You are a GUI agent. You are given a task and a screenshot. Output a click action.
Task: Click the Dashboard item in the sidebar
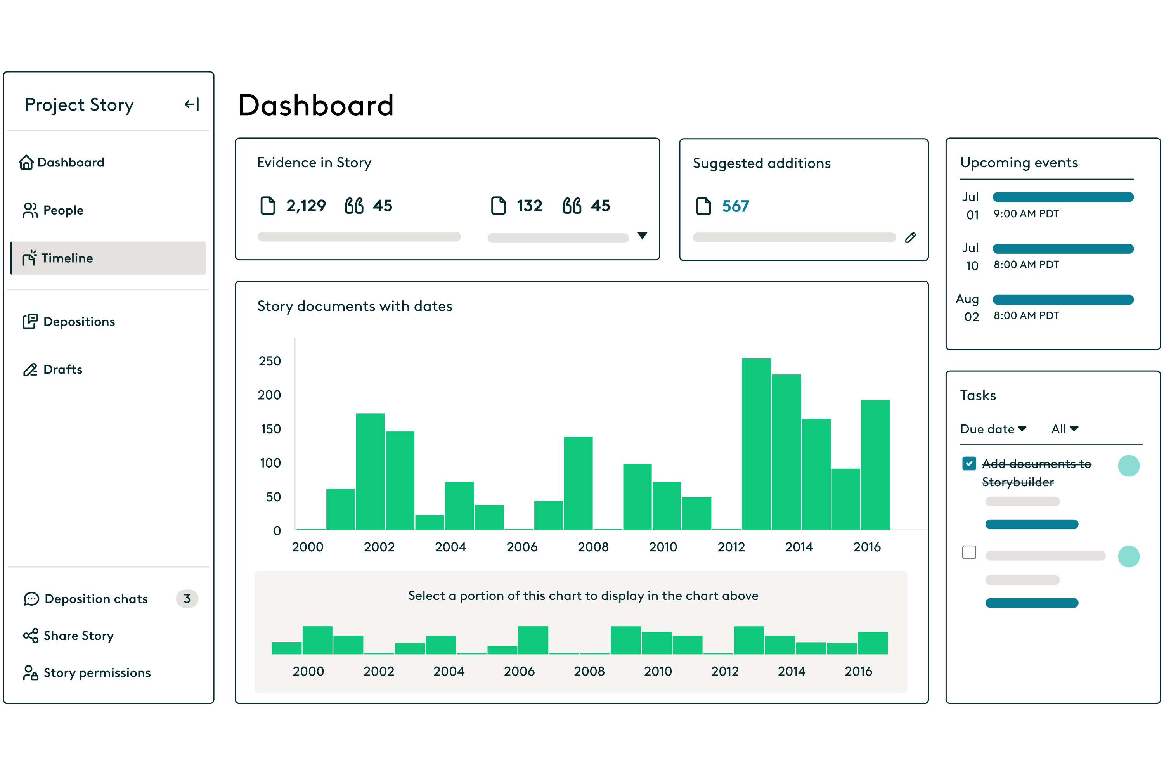coord(62,162)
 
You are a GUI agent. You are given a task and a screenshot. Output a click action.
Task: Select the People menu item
coord(54,210)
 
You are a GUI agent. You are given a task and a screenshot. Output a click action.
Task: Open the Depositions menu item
coord(69,322)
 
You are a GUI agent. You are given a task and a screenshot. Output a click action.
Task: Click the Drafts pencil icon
coord(30,370)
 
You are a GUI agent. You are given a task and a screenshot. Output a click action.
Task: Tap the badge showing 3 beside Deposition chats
coord(187,599)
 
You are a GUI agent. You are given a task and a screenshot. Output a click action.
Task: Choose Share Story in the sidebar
coord(69,636)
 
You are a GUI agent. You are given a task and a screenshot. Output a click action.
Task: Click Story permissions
coord(87,672)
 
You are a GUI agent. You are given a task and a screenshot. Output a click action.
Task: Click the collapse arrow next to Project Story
coord(192,104)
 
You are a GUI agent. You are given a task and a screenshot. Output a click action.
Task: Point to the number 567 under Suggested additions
coord(735,206)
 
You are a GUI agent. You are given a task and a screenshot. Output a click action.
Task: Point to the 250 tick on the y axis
coord(270,361)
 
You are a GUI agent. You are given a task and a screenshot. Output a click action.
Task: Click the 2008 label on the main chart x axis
coord(593,547)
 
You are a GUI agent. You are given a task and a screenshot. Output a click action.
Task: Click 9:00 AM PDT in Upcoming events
coord(1026,214)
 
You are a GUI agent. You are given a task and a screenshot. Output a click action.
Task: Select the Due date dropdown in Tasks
coord(993,429)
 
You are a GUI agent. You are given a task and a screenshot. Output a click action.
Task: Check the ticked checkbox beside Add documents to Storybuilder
coord(969,464)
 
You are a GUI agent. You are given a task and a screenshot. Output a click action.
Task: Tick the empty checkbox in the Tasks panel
coord(969,552)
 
